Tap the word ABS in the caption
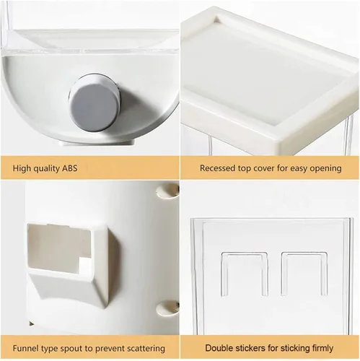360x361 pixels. (x=70, y=168)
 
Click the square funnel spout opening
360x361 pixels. (x=60, y=246)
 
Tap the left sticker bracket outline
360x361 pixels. (x=245, y=274)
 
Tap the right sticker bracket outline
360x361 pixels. (x=304, y=274)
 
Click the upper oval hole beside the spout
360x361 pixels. (x=167, y=190)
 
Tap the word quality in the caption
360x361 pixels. (x=45, y=168)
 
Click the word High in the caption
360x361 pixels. (x=21, y=168)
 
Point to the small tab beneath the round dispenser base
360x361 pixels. (x=97, y=142)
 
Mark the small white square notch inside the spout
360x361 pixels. (x=85, y=266)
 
